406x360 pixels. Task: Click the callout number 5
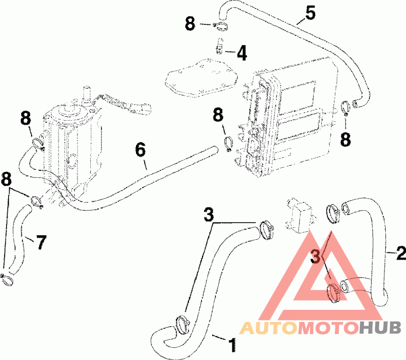pos(311,14)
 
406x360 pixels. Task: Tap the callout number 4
pos(242,53)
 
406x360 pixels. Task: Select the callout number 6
pos(141,150)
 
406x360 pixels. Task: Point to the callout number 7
pos(41,242)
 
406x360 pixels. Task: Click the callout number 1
pos(232,345)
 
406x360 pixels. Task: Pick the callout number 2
pos(401,253)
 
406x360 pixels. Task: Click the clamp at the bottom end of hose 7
pos(7,279)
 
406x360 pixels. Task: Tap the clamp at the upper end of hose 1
pos(265,230)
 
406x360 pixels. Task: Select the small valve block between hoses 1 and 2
pos(300,215)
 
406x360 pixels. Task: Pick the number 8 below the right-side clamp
pos(346,139)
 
